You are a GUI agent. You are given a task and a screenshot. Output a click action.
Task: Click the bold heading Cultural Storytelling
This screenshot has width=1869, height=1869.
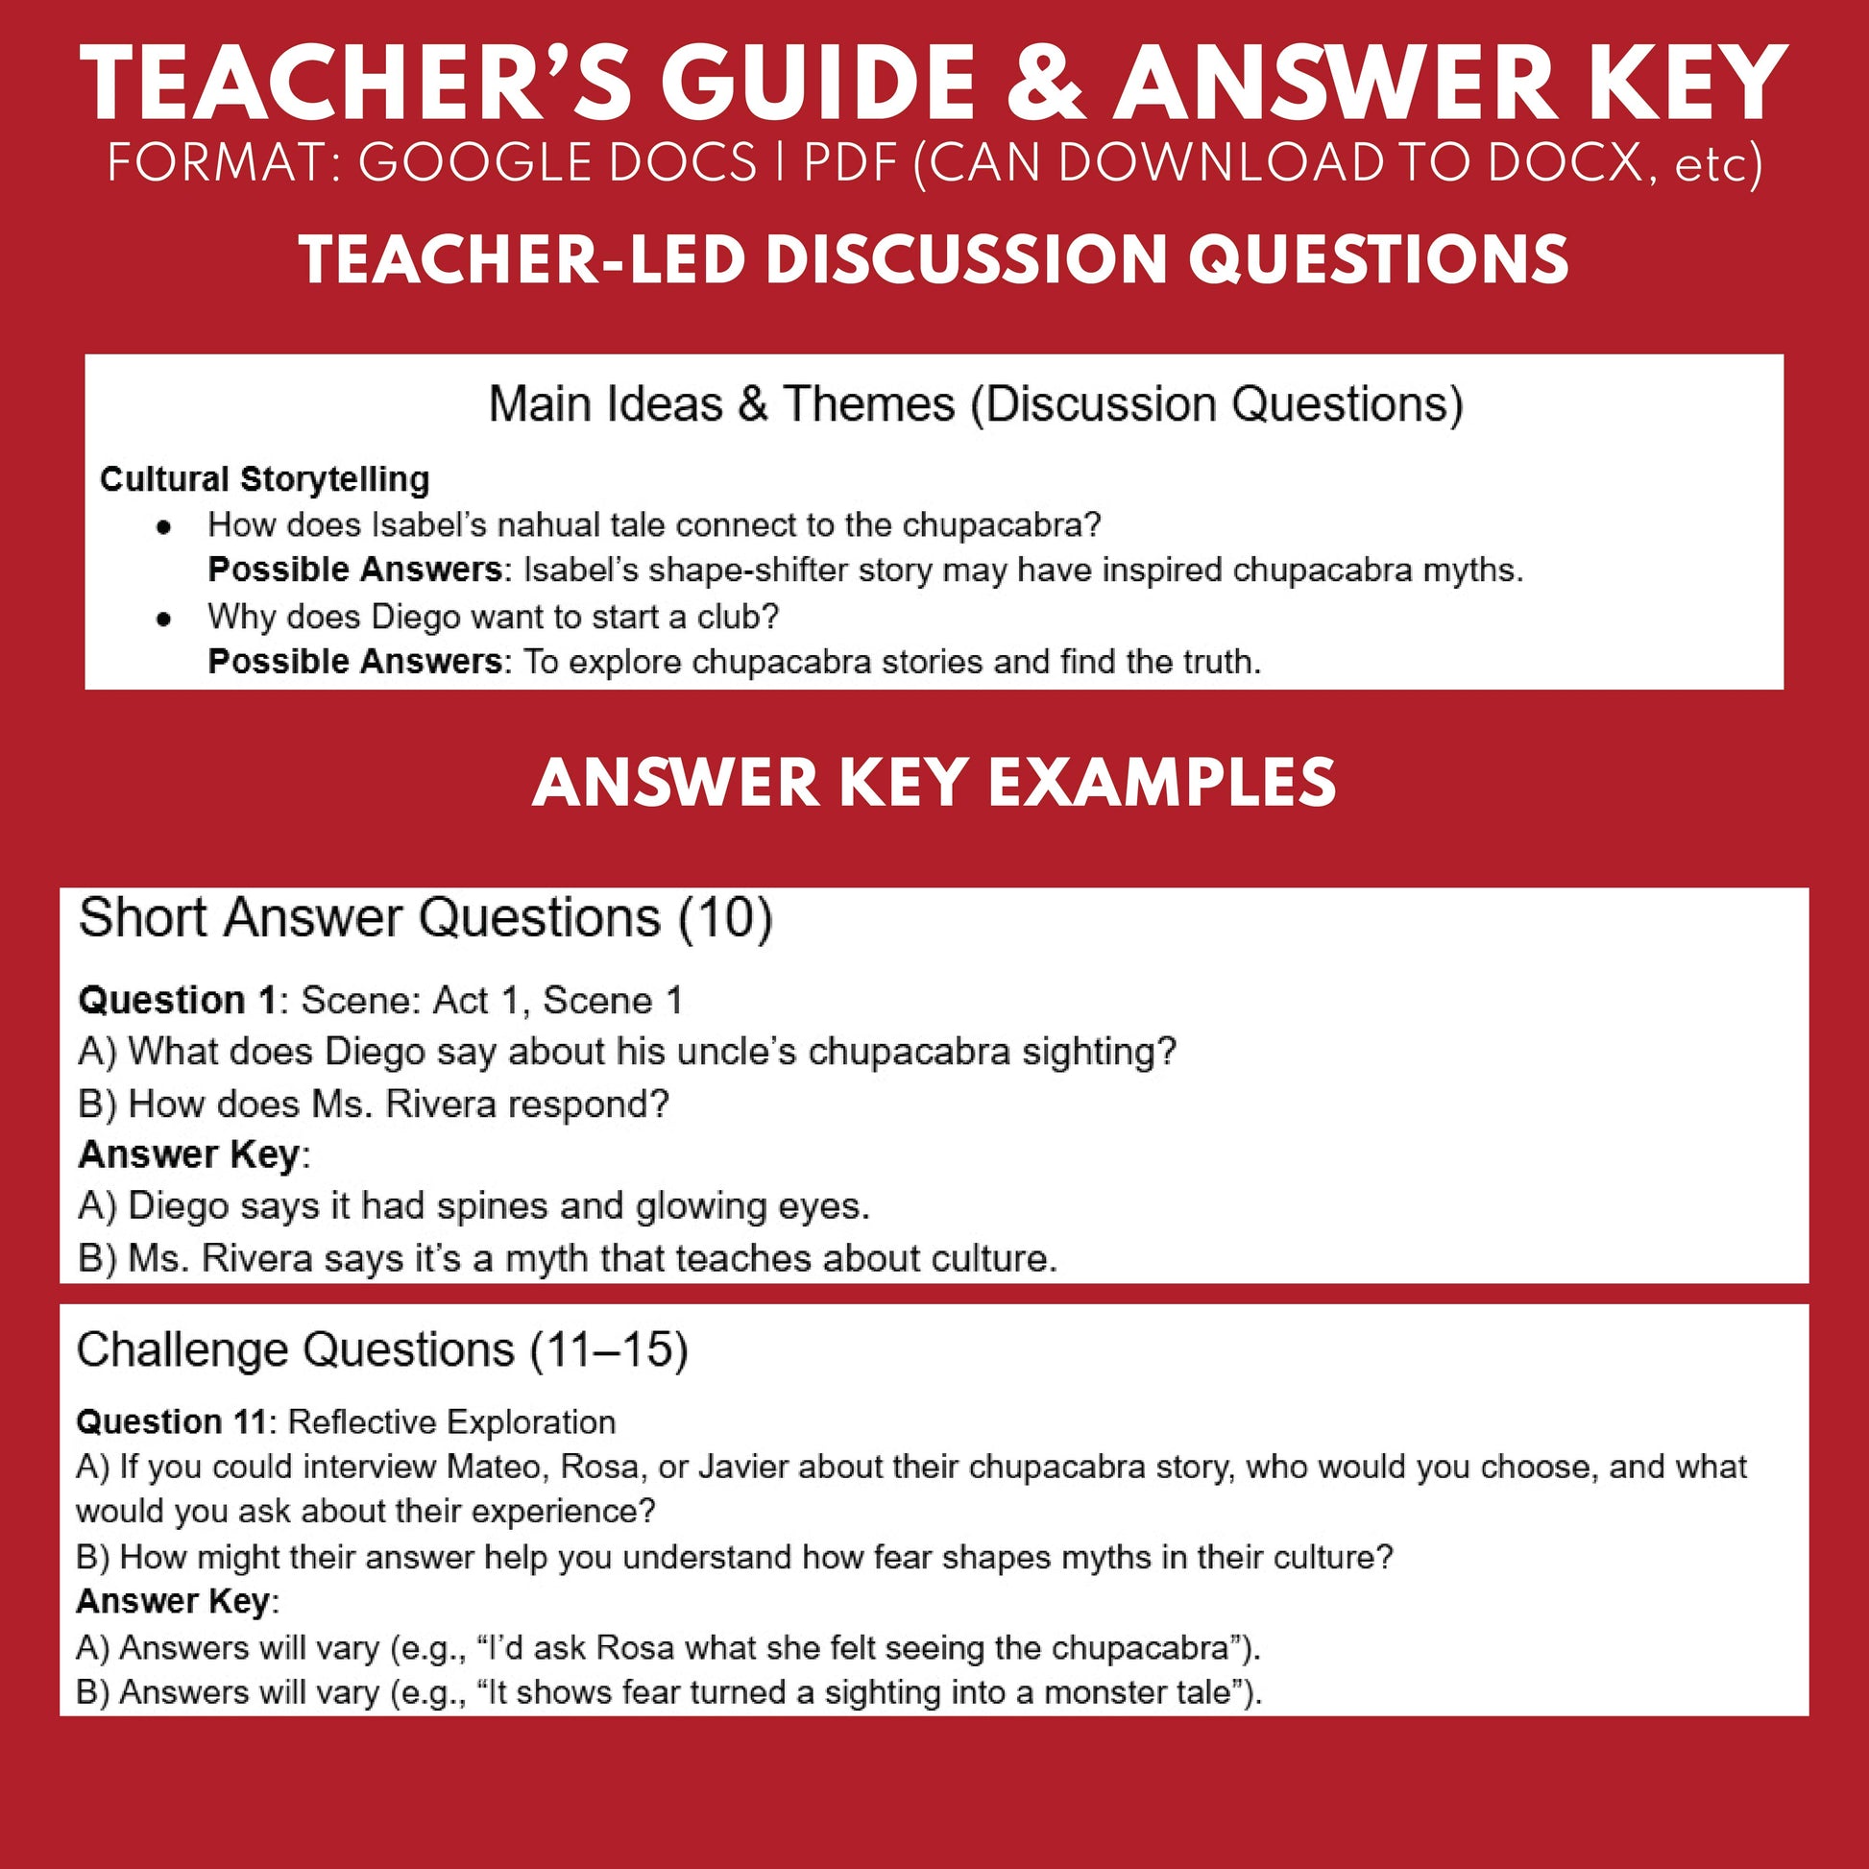click(x=264, y=479)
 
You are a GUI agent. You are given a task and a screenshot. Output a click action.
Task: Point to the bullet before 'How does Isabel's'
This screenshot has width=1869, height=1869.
click(x=164, y=526)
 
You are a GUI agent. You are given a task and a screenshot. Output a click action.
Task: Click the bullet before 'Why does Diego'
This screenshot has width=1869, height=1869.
click(x=164, y=619)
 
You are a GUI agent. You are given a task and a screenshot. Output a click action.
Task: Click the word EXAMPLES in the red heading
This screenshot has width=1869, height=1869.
click(x=1161, y=783)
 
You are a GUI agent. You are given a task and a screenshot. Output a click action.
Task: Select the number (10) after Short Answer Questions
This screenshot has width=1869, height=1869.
click(x=724, y=917)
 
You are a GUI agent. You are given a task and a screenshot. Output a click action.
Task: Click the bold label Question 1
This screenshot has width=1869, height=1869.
click(x=177, y=1000)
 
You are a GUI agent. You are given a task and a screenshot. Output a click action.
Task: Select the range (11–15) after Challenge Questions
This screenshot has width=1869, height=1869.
click(x=609, y=1349)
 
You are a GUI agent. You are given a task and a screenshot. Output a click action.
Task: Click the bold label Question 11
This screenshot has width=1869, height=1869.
click(x=170, y=1421)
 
